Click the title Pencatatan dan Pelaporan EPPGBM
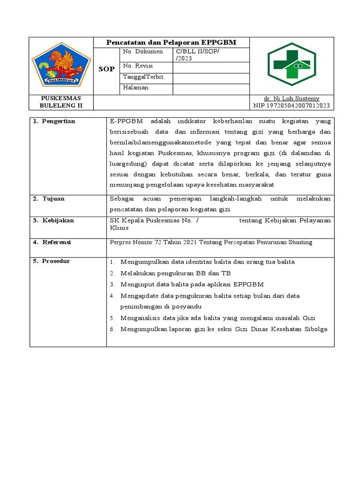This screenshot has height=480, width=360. pyautogui.click(x=172, y=43)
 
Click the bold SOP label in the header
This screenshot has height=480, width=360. pyautogui.click(x=107, y=69)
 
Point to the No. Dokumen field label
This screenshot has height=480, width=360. pyautogui.click(x=143, y=52)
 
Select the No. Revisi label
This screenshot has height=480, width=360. pyautogui.click(x=138, y=66)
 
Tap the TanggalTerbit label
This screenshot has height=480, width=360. pyautogui.click(x=143, y=77)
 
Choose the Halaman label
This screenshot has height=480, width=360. pyautogui.click(x=136, y=88)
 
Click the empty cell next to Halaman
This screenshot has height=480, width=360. pyautogui.click(x=211, y=89)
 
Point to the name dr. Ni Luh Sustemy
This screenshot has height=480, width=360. pyautogui.click(x=291, y=98)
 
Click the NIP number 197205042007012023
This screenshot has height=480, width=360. pyautogui.click(x=291, y=105)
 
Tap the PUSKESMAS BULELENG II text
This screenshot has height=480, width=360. pyautogui.click(x=61, y=102)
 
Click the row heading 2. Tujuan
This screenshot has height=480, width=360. pyautogui.click(x=49, y=199)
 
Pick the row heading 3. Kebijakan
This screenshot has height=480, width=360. pyautogui.click(x=53, y=220)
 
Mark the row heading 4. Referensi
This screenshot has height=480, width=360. pyautogui.click(x=52, y=242)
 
